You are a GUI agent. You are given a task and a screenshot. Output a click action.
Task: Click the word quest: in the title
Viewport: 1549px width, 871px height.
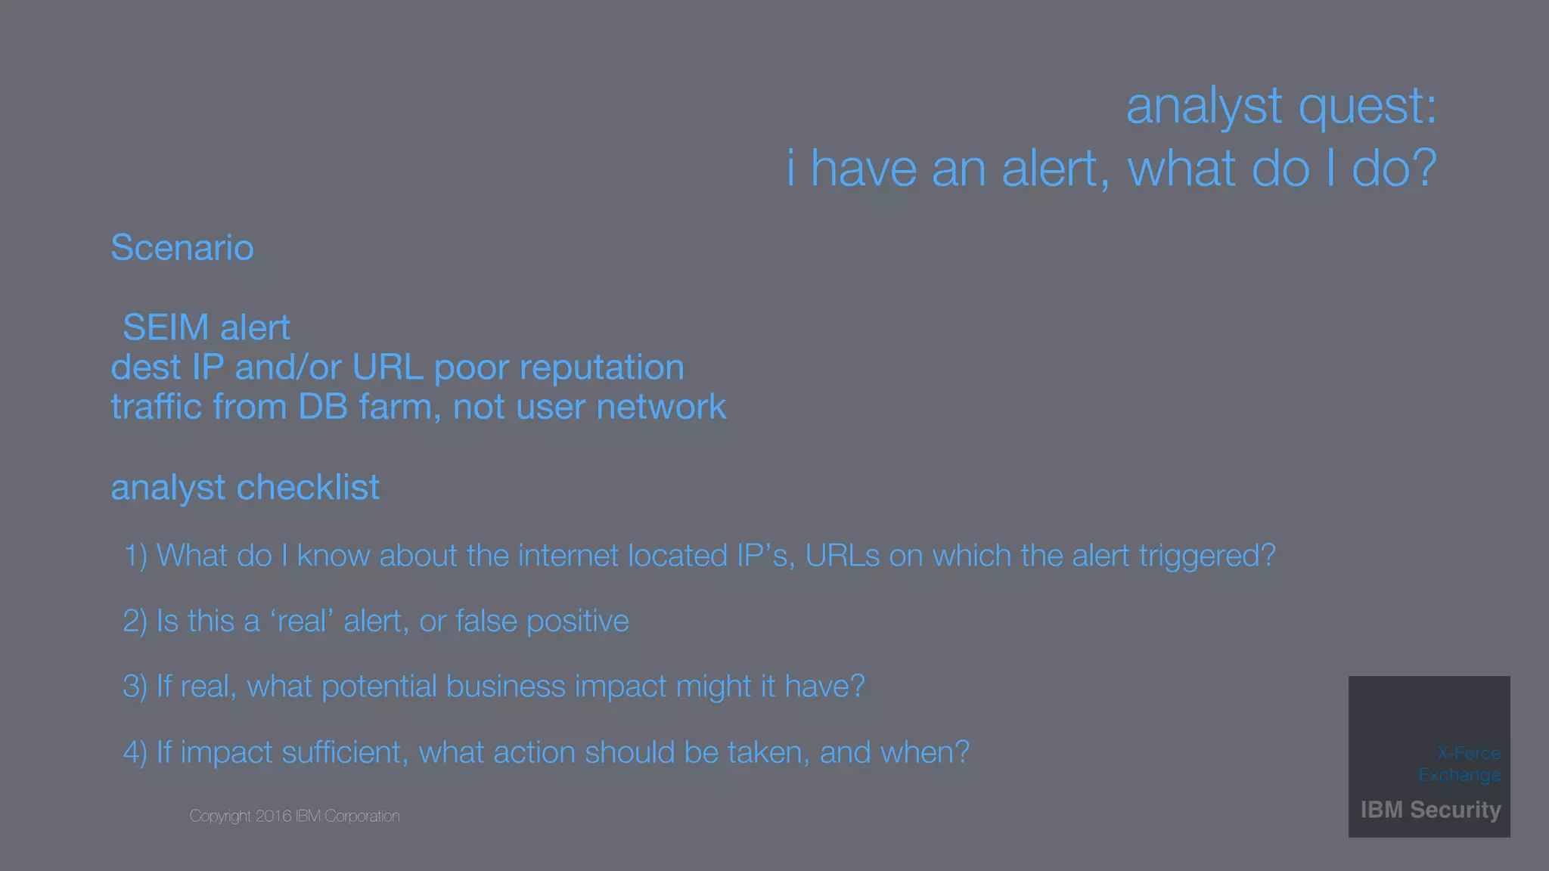[1367, 107]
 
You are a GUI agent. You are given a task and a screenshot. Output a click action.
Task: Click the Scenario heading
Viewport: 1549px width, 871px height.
[182, 248]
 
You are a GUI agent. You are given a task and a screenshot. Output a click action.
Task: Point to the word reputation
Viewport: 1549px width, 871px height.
[601, 368]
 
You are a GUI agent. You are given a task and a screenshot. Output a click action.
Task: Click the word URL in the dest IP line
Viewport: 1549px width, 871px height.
[387, 368]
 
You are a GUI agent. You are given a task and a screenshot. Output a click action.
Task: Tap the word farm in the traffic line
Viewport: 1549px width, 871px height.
[399, 408]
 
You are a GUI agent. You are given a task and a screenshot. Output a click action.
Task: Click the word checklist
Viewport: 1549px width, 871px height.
[308, 488]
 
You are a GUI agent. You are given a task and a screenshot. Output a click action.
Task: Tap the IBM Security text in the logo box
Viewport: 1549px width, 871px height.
[1430, 810]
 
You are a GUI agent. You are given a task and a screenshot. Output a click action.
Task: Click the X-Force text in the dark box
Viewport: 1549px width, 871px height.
[1468, 753]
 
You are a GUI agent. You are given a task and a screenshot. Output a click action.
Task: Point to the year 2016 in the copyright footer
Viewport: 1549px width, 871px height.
[273, 817]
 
